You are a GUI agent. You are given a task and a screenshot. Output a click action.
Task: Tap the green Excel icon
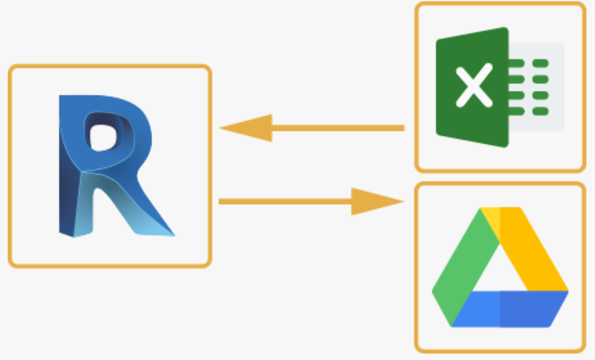point(499,87)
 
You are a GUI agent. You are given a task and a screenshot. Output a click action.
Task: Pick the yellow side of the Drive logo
point(536,253)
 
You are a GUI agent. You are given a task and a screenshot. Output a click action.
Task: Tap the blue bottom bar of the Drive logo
point(510,309)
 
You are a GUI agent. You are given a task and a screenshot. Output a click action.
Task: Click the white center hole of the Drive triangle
point(500,270)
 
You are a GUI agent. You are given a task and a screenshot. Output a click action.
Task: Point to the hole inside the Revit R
point(103,137)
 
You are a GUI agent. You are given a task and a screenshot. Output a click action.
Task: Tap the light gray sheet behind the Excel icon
point(557,124)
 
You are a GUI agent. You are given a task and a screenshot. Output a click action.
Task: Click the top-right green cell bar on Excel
point(541,63)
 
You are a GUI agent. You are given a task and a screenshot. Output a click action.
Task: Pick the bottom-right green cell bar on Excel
point(541,111)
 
